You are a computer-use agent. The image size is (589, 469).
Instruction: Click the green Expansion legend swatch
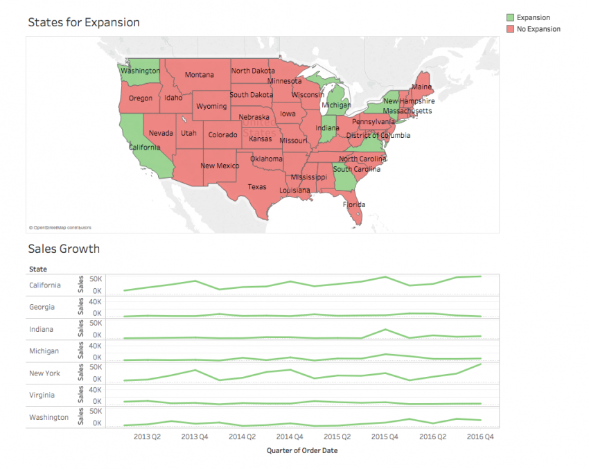coord(510,17)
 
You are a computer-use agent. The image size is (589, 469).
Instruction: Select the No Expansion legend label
coord(538,29)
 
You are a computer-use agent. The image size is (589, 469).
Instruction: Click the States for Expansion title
coord(83,22)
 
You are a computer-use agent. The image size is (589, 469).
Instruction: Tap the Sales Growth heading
coord(64,249)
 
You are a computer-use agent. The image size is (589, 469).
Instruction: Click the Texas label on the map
coord(257,187)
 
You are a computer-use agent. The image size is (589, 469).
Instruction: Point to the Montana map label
coord(199,75)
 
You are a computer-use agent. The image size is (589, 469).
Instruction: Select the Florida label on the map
coord(353,204)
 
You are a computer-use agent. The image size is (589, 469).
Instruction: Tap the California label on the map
coord(145,147)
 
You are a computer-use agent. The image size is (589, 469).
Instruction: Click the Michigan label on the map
coord(336,105)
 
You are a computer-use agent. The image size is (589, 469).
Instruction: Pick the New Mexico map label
coord(220,166)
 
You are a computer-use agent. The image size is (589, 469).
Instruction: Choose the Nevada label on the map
coord(161,133)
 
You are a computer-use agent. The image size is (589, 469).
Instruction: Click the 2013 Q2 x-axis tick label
coord(147,437)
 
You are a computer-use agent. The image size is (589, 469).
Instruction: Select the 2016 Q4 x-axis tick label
coord(480,437)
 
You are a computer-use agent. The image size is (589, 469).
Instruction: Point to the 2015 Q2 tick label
coord(337,437)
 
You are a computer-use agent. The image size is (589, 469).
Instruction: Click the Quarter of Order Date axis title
coord(301,450)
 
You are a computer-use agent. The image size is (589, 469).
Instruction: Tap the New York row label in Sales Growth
coord(44,373)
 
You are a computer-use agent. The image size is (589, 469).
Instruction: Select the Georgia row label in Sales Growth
coord(42,307)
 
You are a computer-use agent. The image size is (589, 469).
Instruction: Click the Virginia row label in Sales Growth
coord(43,396)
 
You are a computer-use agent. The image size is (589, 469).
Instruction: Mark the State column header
coord(37,269)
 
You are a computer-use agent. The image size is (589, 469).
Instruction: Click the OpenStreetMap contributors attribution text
coord(60,227)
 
